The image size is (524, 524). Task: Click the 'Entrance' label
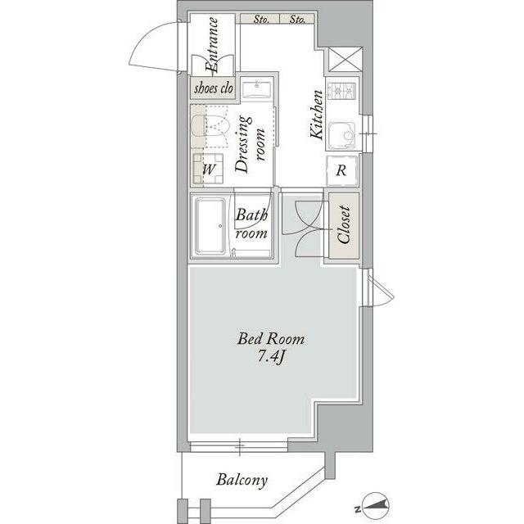[212, 45]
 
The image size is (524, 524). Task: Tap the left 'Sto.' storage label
[261, 19]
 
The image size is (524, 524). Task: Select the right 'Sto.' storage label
[297, 19]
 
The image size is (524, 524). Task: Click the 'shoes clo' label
[214, 88]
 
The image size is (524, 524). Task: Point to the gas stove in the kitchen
[341, 90]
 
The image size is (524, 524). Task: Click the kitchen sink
[341, 136]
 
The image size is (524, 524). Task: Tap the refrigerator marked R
[341, 171]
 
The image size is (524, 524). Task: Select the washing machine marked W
[208, 169]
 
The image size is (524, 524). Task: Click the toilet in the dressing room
[210, 126]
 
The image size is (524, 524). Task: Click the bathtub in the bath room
[210, 226]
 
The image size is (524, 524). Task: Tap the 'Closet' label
[344, 224]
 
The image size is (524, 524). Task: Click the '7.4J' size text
[271, 358]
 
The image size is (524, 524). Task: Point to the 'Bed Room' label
[271, 339]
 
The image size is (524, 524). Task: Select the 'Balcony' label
[242, 481]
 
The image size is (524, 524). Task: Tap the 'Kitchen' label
[317, 115]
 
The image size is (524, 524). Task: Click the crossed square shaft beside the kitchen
[346, 60]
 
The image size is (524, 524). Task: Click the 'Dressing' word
[243, 144]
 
